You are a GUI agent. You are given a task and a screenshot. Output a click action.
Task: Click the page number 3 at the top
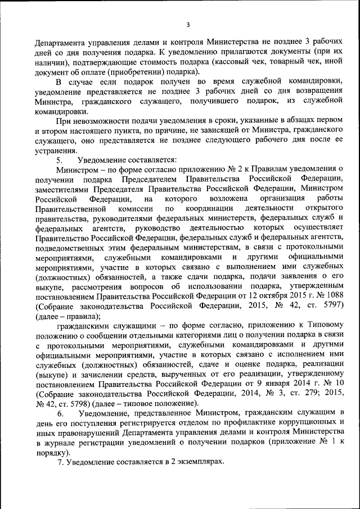pos(188,24)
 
